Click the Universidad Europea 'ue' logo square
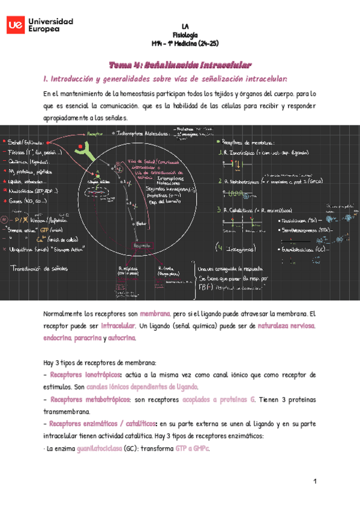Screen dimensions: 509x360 click(16, 25)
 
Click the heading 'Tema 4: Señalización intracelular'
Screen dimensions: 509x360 click(180, 65)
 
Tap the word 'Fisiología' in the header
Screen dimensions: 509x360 click(185, 35)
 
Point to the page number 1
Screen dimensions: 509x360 click(314, 482)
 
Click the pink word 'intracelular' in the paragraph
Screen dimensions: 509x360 click(117, 326)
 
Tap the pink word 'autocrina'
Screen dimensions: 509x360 click(122, 338)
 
